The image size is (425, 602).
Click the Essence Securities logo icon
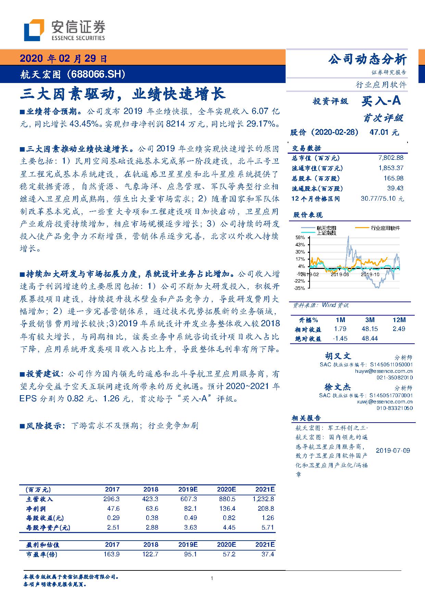pos(34,31)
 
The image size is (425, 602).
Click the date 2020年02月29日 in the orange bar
pos(63,59)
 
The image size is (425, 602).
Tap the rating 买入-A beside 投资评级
pos(381,101)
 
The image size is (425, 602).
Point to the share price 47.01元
pos(384,132)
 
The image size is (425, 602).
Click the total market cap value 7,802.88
pos(391,158)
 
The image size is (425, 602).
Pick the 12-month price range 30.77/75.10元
pos(382,199)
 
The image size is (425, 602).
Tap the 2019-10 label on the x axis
pos(370,274)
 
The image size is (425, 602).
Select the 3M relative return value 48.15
pos(370,329)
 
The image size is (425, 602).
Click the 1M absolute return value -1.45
pos(340,339)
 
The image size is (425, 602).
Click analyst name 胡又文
pos(338,356)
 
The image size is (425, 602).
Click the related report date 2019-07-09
pos(393,450)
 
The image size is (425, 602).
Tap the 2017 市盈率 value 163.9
pos(111,554)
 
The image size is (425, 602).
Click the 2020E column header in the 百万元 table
pos(226,489)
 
